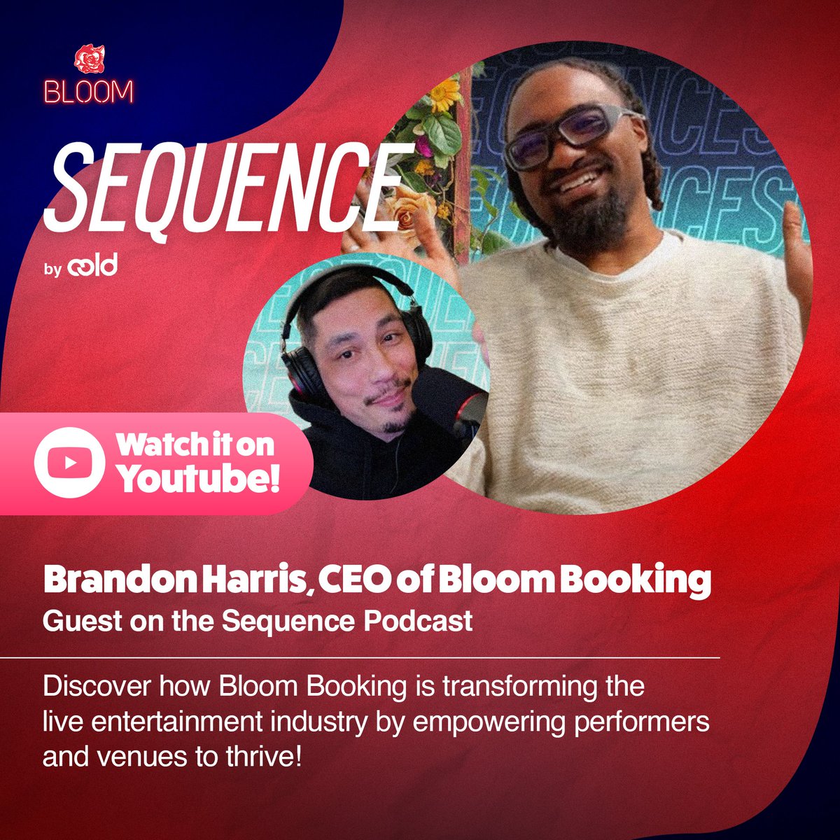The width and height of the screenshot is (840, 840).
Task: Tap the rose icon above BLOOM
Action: pyautogui.click(x=89, y=61)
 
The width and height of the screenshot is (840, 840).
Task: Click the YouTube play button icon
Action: pyautogui.click(x=69, y=463)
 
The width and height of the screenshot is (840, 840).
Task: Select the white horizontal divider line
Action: pyautogui.click(x=360, y=659)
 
